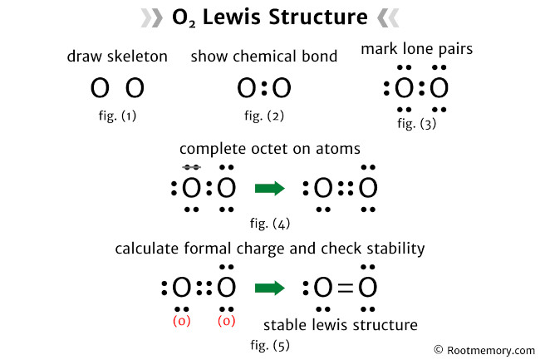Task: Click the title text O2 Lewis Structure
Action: point(269,17)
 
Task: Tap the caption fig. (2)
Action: point(264,116)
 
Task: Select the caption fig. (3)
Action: point(416,124)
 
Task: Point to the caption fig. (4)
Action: point(270,223)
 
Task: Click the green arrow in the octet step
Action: point(270,189)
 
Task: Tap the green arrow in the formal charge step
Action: point(270,288)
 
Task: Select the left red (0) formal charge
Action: point(182,321)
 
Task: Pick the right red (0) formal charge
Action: point(225,321)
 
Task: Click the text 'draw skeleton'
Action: point(117,57)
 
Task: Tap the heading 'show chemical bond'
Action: point(263,57)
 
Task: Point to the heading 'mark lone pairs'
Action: point(416,50)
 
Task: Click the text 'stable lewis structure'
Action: point(340,324)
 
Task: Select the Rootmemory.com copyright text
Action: point(484,350)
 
